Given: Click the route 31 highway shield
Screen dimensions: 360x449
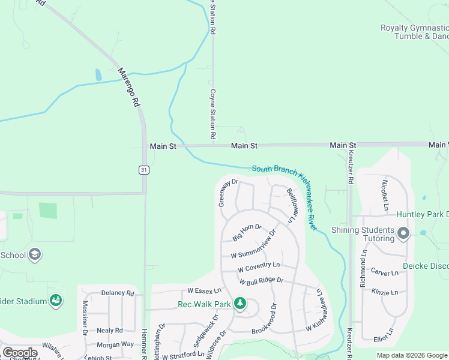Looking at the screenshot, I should click(x=143, y=170).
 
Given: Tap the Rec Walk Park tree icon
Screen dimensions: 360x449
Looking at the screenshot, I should click(x=240, y=304).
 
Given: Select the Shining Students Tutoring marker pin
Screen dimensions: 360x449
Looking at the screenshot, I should click(x=403, y=233).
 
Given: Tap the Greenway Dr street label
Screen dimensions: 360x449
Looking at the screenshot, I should click(x=229, y=193).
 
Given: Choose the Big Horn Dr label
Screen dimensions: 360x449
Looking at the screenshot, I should click(x=247, y=232).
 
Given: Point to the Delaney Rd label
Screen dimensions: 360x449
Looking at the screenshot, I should click(x=118, y=293).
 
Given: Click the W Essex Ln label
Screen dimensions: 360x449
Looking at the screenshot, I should click(x=200, y=290).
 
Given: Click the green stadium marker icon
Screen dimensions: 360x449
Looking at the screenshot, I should click(x=56, y=299).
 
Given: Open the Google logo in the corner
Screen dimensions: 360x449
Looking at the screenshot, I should click(x=20, y=353).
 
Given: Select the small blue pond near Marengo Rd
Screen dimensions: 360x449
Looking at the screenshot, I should click(x=98, y=75).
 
